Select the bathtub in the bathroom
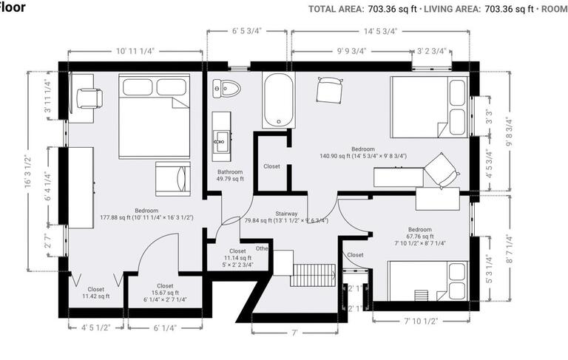click(x=278, y=100)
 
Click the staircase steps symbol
click(x=313, y=275)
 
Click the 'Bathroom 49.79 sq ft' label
click(x=230, y=174)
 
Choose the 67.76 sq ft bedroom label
click(x=419, y=236)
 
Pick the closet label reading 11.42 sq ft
click(x=95, y=293)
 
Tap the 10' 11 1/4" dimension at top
click(x=135, y=51)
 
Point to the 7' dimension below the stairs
click(x=294, y=333)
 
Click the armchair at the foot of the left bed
click(x=173, y=177)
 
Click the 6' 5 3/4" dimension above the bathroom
click(x=247, y=31)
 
